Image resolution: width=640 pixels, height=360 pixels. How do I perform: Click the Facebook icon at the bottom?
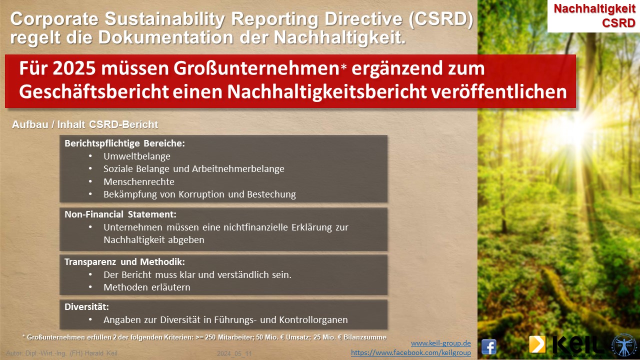(489, 347)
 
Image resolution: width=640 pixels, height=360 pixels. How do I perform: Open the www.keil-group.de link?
(441, 343)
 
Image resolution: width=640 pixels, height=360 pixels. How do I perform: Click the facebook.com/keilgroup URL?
(411, 352)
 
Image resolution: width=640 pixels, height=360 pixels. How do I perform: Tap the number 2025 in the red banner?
(74, 68)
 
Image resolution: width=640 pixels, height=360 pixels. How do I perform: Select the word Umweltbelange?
(137, 156)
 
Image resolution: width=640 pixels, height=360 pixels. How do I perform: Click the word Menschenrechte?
(139, 181)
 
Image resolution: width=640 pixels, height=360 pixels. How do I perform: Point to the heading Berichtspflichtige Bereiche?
(124, 143)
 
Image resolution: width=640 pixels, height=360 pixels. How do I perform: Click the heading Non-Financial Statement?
(120, 214)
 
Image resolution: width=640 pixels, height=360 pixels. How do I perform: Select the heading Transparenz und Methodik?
(124, 261)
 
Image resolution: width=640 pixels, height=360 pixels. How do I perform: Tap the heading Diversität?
(86, 307)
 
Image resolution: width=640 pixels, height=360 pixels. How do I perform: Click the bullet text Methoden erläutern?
(147, 287)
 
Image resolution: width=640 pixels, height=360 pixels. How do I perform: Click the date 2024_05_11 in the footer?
(234, 353)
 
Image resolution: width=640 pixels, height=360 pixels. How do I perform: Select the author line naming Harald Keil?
(61, 353)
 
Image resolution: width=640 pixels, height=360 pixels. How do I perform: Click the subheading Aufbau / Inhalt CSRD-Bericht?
(85, 124)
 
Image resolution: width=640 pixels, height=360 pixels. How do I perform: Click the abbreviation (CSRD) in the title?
(441, 19)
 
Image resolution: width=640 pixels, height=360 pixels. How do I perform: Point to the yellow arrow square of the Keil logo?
(537, 344)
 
